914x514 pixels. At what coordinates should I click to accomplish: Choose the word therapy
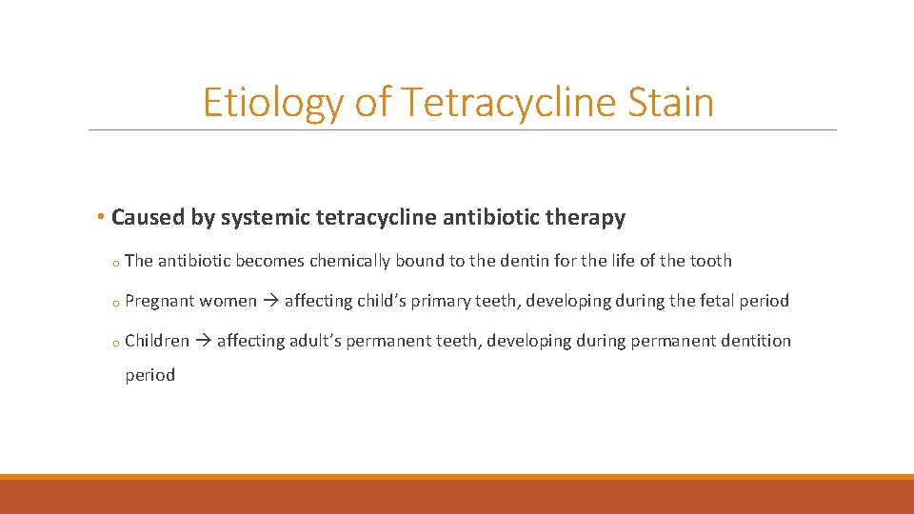[x=588, y=218]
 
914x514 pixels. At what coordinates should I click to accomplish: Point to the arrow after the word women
[x=270, y=301]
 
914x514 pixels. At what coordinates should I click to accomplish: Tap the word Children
[x=157, y=341]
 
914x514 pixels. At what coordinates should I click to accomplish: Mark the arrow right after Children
[x=203, y=341]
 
